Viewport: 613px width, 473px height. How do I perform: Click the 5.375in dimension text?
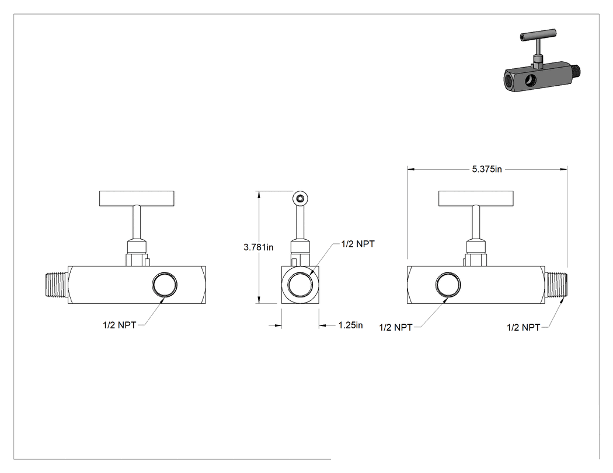[x=487, y=169]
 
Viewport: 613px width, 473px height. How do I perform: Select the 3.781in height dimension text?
[x=259, y=247]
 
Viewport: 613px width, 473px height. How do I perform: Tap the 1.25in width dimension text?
[x=351, y=325]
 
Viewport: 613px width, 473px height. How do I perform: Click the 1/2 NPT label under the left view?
[x=119, y=325]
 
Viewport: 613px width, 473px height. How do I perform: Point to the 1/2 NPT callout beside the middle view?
[x=358, y=244]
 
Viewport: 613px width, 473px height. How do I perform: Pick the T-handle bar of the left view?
[x=137, y=198]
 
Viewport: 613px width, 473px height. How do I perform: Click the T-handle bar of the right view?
[x=476, y=198]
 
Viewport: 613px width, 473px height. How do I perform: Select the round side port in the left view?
[x=165, y=285]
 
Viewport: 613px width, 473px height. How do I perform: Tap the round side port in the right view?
[x=448, y=285]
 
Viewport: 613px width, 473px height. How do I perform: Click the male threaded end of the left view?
[x=55, y=285]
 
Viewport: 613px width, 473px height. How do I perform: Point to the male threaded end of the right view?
[x=556, y=285]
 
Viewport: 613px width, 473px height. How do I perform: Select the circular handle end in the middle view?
[x=300, y=198]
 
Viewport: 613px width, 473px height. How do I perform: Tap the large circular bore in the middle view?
[x=300, y=285]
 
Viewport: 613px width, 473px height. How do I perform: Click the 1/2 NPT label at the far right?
[x=524, y=327]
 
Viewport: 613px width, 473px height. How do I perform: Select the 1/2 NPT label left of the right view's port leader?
[x=396, y=327]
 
